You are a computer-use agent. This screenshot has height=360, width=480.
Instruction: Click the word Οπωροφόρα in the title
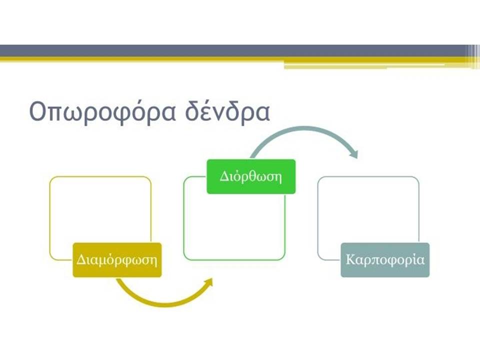tap(102, 111)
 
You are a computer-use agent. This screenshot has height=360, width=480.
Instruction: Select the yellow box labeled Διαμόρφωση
tap(117, 260)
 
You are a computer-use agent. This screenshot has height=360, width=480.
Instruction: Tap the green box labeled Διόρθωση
tap(251, 176)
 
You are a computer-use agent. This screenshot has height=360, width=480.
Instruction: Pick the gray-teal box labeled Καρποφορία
tap(385, 260)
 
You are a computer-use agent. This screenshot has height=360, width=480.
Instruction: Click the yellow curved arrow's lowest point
tap(165, 304)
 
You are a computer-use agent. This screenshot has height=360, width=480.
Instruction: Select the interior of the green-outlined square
tap(234, 226)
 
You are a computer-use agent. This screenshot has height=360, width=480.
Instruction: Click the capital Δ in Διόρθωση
tap(224, 176)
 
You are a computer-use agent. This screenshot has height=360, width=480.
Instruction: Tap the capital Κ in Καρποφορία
tap(350, 259)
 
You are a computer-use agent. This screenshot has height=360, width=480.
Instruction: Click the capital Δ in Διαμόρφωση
tap(81, 260)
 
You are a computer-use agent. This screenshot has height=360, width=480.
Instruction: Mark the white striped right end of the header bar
tap(473, 56)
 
